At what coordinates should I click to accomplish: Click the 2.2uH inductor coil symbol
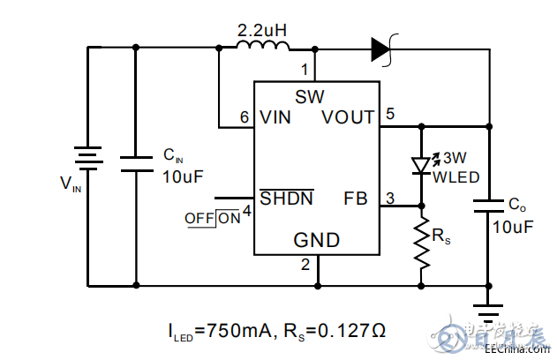click(263, 49)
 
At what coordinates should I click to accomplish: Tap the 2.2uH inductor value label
click(263, 30)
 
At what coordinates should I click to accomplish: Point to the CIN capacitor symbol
click(136, 163)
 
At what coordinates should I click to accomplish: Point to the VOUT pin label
click(348, 117)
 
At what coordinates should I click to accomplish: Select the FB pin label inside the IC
click(355, 199)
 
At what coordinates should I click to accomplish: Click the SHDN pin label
click(287, 199)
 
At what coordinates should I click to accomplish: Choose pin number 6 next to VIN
click(245, 117)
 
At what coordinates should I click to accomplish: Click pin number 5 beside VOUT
click(390, 112)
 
